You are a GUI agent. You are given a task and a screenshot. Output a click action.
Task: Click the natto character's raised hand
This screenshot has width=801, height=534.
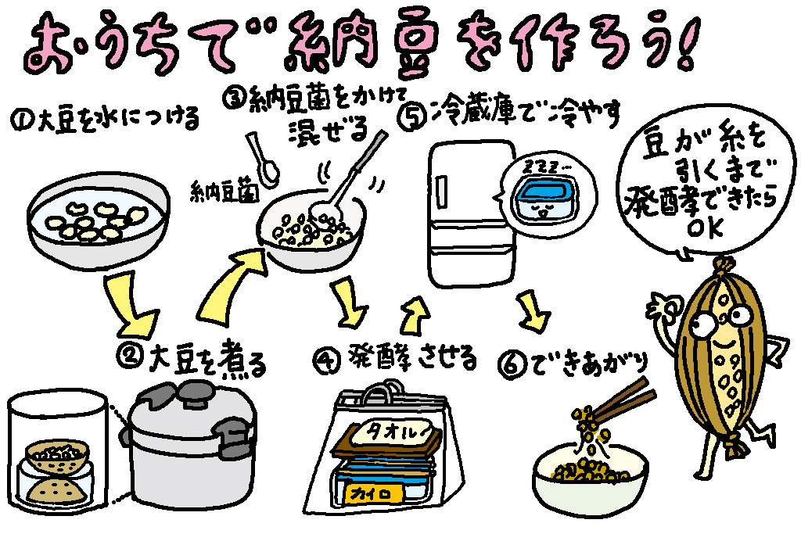coord(663,307)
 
